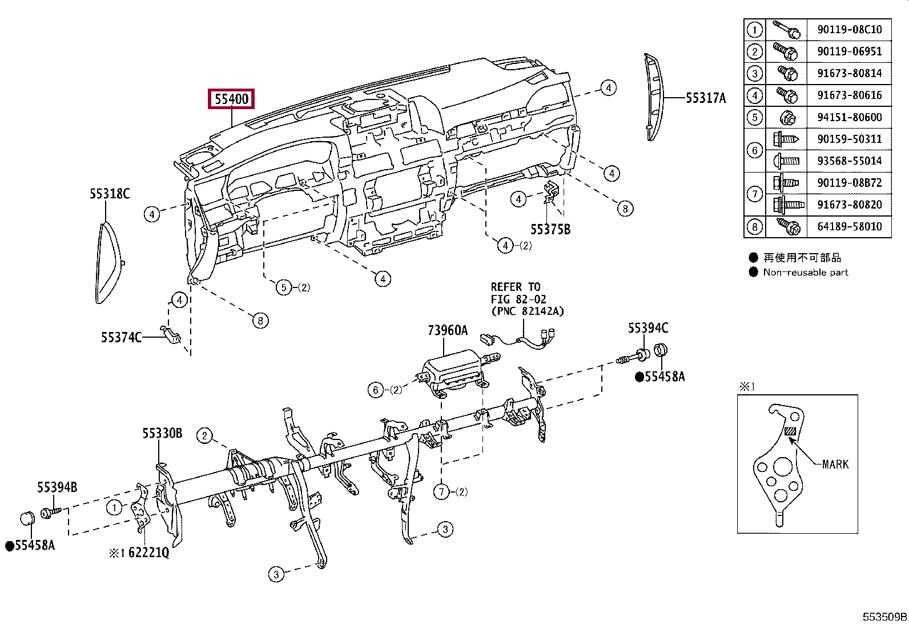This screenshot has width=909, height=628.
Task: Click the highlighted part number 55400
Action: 231,99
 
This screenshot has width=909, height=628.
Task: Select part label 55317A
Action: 706,98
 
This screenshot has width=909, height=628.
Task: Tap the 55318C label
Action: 110,194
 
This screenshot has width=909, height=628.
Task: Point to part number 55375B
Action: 550,230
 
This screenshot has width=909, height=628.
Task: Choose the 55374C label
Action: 121,337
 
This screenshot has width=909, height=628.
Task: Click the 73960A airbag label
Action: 448,330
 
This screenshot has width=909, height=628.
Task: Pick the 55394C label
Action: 648,328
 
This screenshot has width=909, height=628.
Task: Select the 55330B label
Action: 162,433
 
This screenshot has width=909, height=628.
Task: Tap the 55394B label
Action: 57,487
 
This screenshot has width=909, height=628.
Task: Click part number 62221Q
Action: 148,553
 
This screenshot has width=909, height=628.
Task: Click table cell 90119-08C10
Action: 850,29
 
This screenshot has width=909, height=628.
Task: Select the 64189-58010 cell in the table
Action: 850,226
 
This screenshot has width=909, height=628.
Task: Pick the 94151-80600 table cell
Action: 850,117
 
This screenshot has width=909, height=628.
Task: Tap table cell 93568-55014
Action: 850,161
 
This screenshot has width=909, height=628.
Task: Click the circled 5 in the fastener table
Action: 754,117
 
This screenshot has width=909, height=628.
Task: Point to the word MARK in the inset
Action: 835,465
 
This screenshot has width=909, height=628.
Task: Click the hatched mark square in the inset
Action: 790,431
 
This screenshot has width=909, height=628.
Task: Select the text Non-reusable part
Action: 806,272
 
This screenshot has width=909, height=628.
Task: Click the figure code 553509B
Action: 884,617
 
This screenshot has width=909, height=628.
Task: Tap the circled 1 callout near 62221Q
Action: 114,507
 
